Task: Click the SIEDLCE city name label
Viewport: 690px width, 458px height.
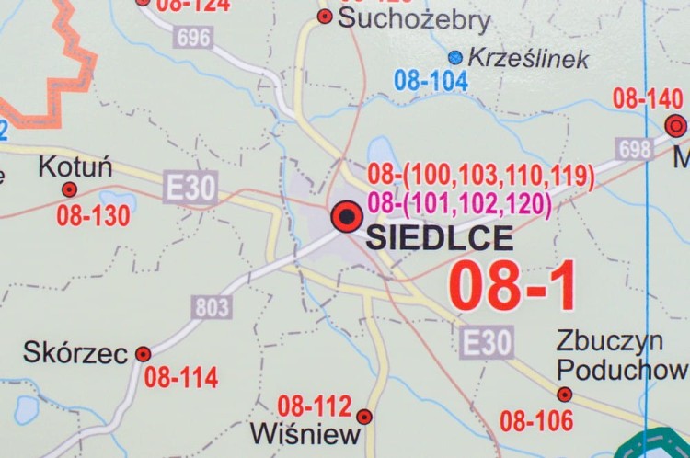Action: pyautogui.click(x=440, y=238)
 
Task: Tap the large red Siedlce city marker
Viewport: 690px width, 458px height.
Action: pyautogui.click(x=347, y=217)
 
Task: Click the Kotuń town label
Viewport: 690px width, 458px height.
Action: pyautogui.click(x=75, y=167)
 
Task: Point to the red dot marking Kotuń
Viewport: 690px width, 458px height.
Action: pyautogui.click(x=69, y=189)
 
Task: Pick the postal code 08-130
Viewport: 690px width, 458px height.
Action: pyautogui.click(x=93, y=217)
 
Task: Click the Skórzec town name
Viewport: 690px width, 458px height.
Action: pyautogui.click(x=75, y=351)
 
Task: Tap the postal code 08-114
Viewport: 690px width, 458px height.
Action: pyautogui.click(x=181, y=377)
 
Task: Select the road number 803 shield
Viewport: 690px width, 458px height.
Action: pyautogui.click(x=213, y=306)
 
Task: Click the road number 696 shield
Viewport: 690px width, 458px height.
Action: pyautogui.click(x=194, y=37)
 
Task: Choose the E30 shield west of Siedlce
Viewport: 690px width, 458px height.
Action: pyautogui.click(x=190, y=189)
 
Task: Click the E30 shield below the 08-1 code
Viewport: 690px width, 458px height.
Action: pyautogui.click(x=487, y=343)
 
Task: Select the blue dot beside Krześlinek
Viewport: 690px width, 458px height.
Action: pyautogui.click(x=454, y=57)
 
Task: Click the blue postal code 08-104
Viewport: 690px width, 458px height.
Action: pyautogui.click(x=431, y=81)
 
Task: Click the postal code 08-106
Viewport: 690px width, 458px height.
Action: pyautogui.click(x=536, y=421)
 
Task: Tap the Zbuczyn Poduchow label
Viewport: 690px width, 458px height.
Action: pyautogui.click(x=622, y=355)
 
